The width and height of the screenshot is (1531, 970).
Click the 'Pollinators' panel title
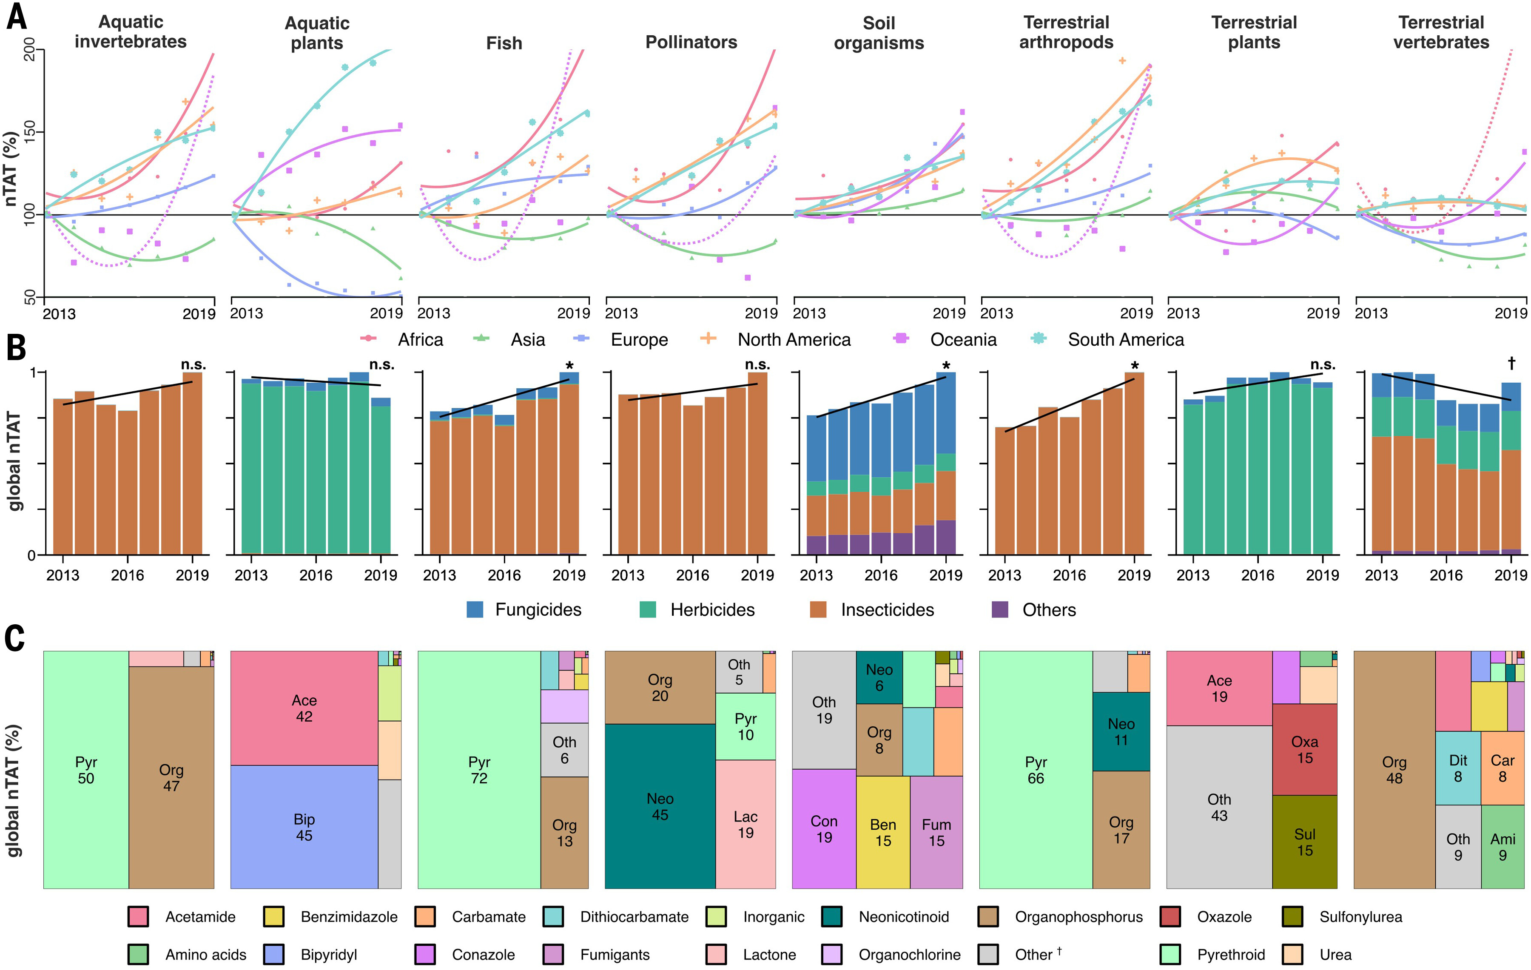click(x=691, y=42)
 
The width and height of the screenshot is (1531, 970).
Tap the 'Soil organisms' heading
click(x=879, y=33)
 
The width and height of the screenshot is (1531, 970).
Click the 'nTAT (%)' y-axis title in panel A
click(x=11, y=168)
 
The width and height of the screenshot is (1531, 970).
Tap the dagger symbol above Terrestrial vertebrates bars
click(x=1511, y=363)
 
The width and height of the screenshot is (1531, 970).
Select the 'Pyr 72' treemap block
click(x=479, y=770)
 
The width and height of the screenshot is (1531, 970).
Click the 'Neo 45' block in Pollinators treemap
click(x=660, y=806)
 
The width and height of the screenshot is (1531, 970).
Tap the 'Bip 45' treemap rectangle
click(x=304, y=826)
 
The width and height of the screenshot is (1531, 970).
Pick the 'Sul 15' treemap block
click(x=1305, y=842)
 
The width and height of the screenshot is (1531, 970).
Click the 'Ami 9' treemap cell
click(x=1503, y=847)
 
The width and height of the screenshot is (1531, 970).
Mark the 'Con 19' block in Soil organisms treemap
click(x=824, y=829)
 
